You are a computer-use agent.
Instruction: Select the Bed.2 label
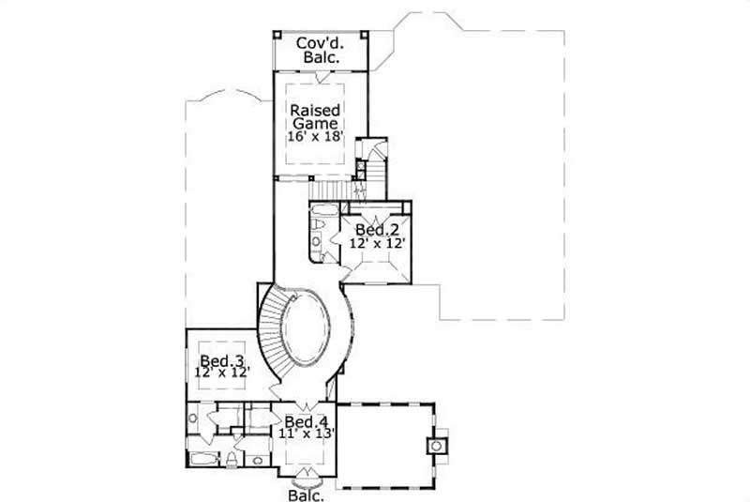(372, 230)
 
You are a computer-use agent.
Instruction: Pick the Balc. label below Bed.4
(306, 495)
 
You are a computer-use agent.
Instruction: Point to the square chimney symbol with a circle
(437, 445)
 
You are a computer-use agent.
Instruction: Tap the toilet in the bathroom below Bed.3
(230, 459)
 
